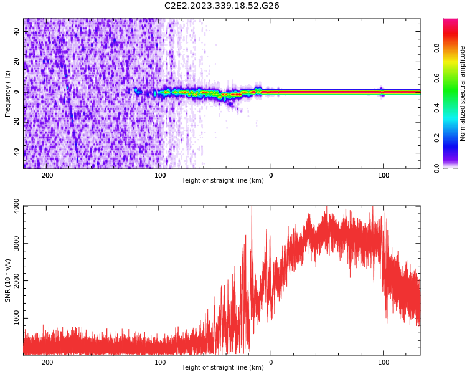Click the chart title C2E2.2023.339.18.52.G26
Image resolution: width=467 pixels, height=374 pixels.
pyautogui.click(x=222, y=6)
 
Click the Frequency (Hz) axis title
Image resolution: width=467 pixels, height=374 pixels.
pyautogui.click(x=8, y=93)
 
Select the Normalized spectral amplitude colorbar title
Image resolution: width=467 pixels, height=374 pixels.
pyautogui.click(x=463, y=93)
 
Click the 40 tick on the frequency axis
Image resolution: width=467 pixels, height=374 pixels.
pyautogui.click(x=17, y=31)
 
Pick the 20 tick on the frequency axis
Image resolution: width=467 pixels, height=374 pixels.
pyautogui.click(x=17, y=62)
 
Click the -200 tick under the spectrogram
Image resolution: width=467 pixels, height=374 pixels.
pyautogui.click(x=45, y=175)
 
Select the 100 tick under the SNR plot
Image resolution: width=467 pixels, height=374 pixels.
pyautogui.click(x=384, y=362)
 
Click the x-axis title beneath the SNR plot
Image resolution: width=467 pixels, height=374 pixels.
pyautogui.click(x=222, y=368)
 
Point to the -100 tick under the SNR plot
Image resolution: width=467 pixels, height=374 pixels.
pyautogui.click(x=159, y=362)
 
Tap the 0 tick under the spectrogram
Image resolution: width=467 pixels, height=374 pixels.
pyautogui.click(x=271, y=175)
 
